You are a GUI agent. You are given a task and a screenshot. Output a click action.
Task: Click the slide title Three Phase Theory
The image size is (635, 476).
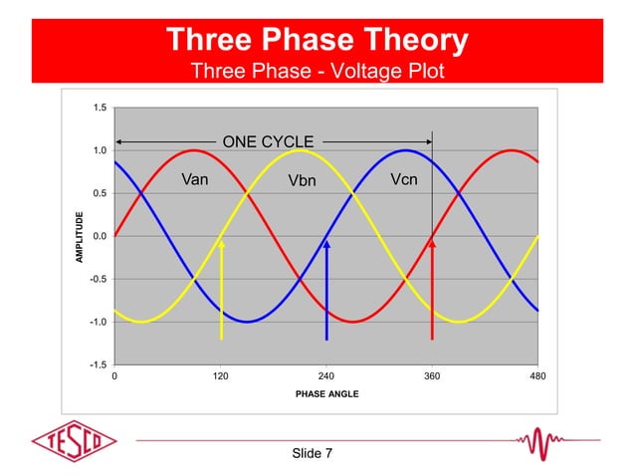coord(317,40)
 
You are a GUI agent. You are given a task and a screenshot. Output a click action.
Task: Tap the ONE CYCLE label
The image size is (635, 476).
coord(268,141)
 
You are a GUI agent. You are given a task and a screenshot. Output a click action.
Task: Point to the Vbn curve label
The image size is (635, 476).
coord(302,181)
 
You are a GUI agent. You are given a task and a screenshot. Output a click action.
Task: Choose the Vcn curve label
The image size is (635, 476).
coord(403,180)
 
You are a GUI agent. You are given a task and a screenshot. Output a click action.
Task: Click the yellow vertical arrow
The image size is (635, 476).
coord(221,290)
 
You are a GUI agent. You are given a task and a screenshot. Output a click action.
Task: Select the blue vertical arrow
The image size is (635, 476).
coord(326,290)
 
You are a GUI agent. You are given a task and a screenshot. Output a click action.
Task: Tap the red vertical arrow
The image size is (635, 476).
coord(432,290)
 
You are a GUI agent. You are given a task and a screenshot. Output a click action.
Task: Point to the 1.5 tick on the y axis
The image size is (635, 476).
coord(97,108)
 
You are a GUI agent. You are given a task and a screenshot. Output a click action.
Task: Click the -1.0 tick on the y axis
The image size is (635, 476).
coord(96,323)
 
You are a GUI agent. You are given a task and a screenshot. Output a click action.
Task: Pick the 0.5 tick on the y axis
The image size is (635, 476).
coord(97,193)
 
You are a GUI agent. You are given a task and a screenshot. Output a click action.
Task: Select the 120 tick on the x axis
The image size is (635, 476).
coord(220,377)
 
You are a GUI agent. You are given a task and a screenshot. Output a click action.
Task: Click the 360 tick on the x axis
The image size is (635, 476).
coord(432,377)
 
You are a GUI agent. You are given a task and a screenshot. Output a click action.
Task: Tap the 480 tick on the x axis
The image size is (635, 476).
coord(537,377)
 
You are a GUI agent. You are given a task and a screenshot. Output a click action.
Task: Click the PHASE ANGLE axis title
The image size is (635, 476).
coord(326,394)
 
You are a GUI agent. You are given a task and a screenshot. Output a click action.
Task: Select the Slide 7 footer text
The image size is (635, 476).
coord(313,454)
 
